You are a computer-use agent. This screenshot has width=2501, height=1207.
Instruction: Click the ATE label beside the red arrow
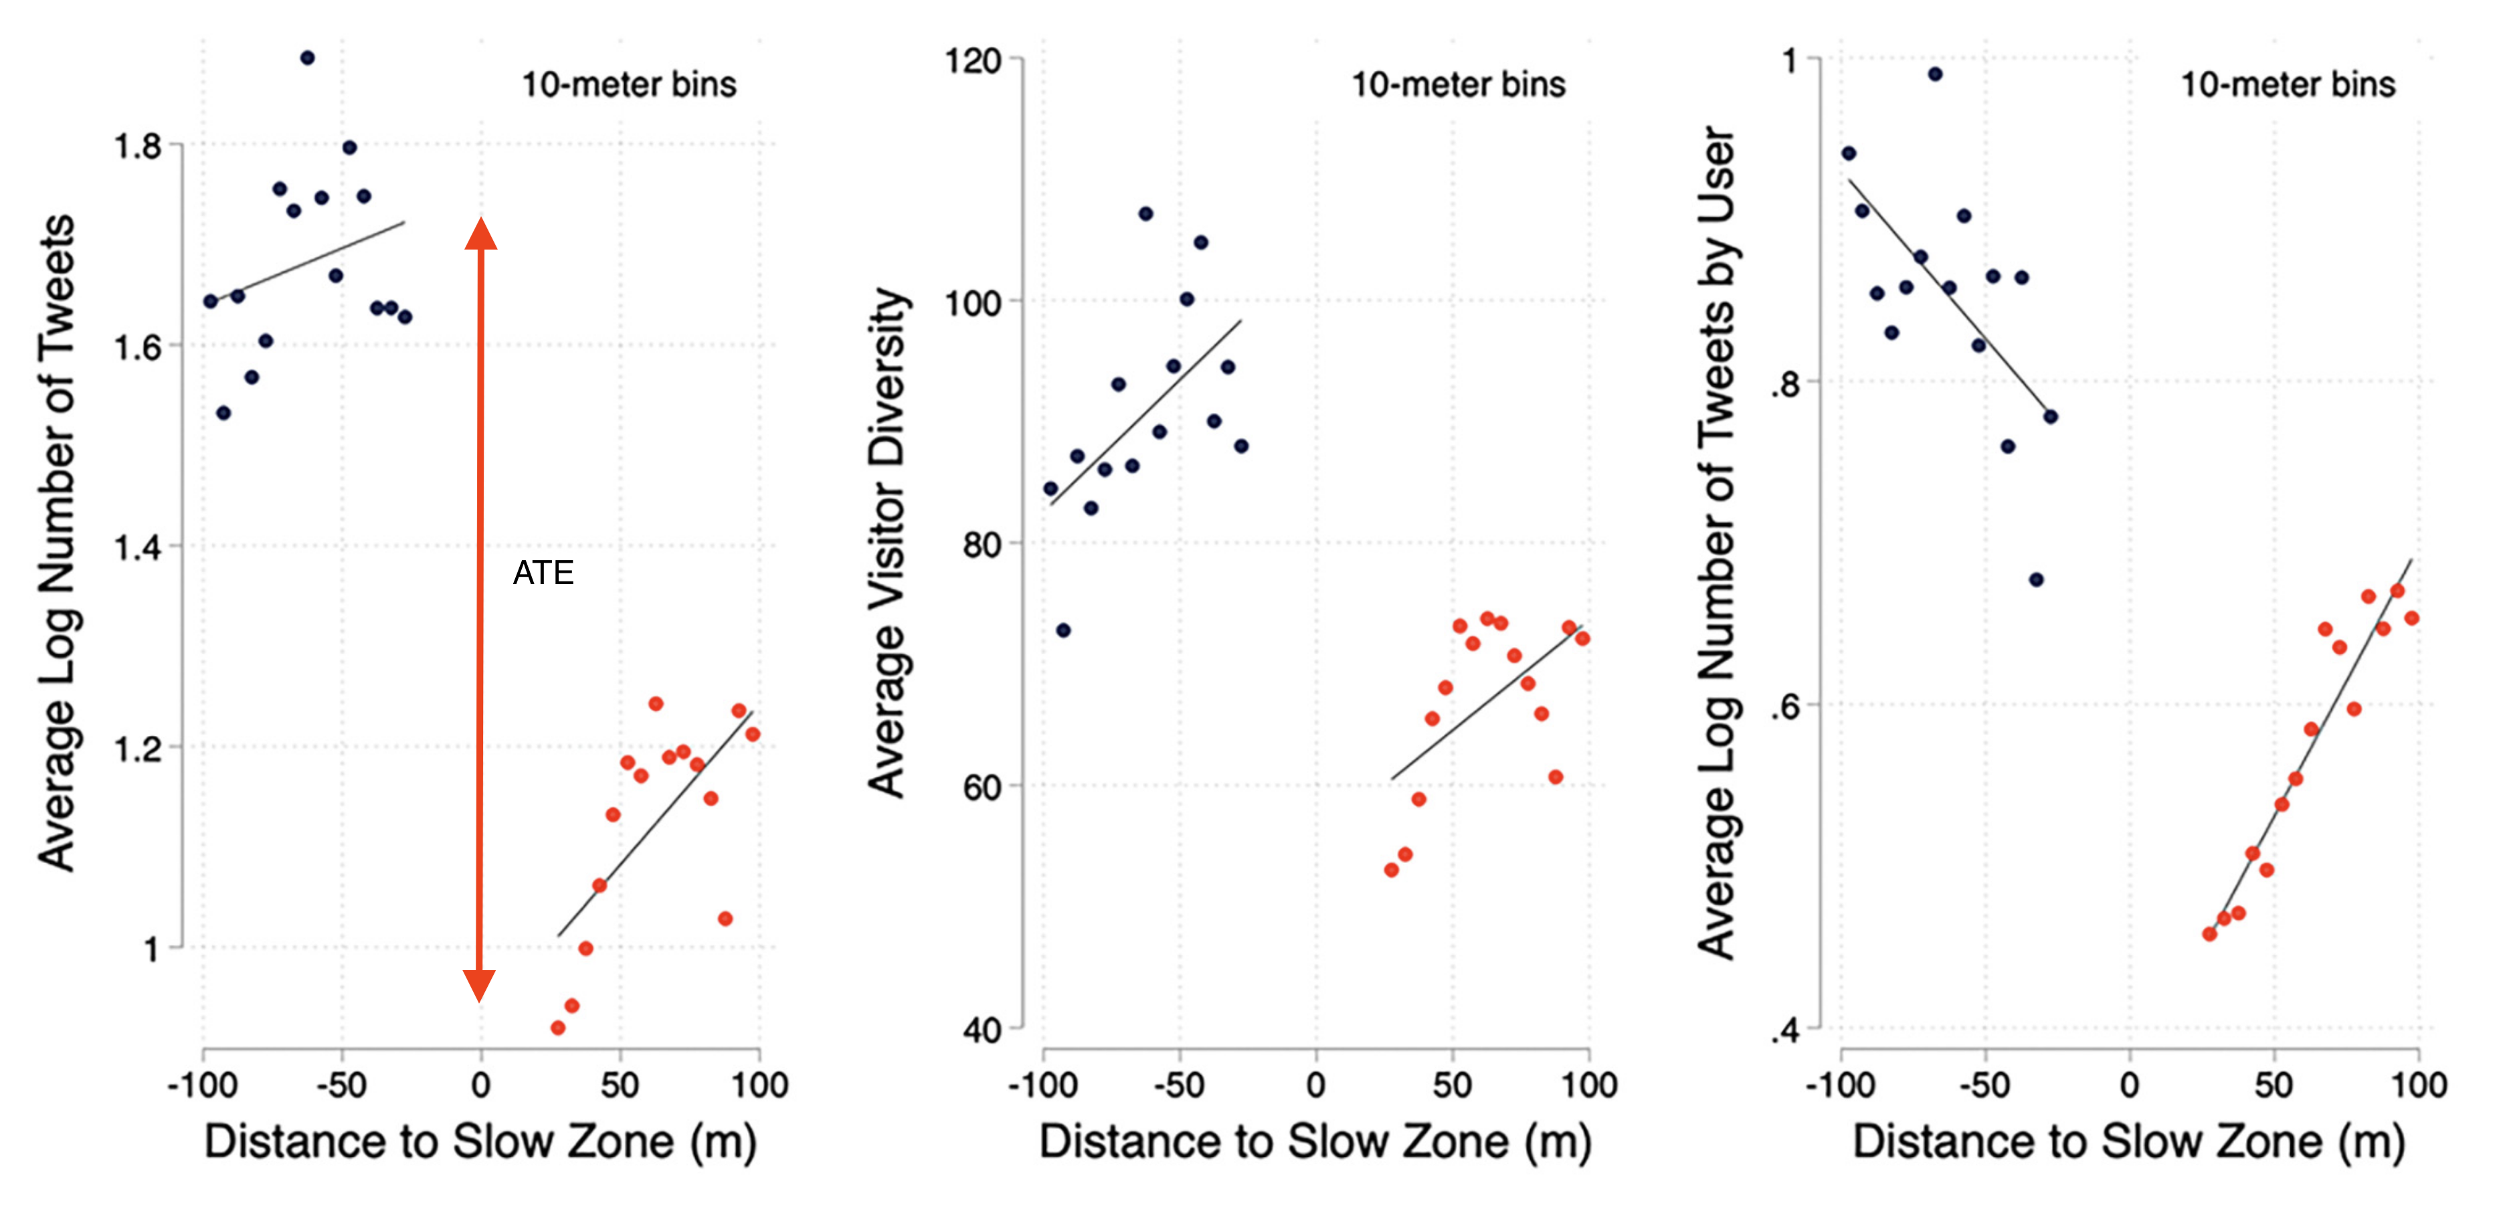point(543,573)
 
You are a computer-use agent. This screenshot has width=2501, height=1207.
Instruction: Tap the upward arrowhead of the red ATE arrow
point(480,234)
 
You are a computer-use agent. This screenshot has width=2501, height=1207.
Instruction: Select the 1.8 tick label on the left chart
point(137,147)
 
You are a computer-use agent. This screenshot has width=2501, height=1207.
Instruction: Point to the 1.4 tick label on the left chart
point(137,548)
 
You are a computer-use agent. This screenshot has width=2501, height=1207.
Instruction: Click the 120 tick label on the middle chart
point(973,61)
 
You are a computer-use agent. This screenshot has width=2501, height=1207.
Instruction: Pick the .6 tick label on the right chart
point(1784,706)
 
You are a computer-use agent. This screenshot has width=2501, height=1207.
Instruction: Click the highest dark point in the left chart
point(307,58)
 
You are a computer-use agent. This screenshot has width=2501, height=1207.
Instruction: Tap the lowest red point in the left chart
point(557,1028)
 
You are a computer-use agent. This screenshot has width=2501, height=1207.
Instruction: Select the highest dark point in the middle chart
point(1145,213)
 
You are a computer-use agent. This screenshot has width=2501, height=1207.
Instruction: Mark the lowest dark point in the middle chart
point(1063,630)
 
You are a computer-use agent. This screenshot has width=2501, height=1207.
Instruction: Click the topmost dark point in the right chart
point(1935,74)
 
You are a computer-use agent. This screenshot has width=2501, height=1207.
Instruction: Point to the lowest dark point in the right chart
point(2036,579)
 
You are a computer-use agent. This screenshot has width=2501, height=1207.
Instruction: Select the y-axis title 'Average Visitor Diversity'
point(887,544)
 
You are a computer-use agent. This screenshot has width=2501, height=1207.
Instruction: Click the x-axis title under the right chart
point(2128,1142)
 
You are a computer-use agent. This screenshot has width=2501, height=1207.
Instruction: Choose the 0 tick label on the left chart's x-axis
point(480,1085)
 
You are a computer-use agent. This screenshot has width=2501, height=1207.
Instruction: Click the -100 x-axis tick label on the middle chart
point(1042,1085)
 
